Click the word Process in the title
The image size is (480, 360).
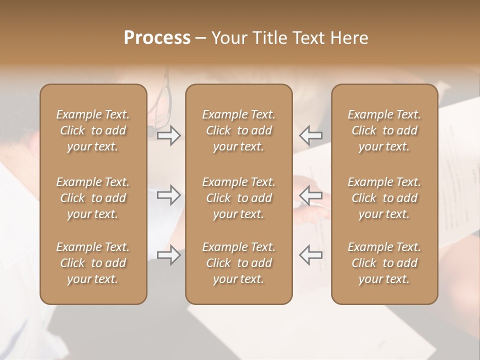click(x=157, y=38)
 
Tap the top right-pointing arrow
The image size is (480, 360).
click(x=169, y=135)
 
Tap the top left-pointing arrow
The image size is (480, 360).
click(x=311, y=135)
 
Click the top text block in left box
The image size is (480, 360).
click(x=93, y=130)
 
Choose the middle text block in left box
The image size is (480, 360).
click(x=93, y=198)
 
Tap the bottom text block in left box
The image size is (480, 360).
click(x=93, y=263)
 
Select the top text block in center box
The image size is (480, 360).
click(x=239, y=130)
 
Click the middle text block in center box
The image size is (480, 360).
click(x=239, y=198)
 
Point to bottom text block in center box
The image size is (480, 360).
click(x=239, y=263)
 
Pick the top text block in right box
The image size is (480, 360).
click(x=384, y=130)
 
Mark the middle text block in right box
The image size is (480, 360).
click(x=384, y=198)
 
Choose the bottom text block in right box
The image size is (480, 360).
click(x=384, y=263)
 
